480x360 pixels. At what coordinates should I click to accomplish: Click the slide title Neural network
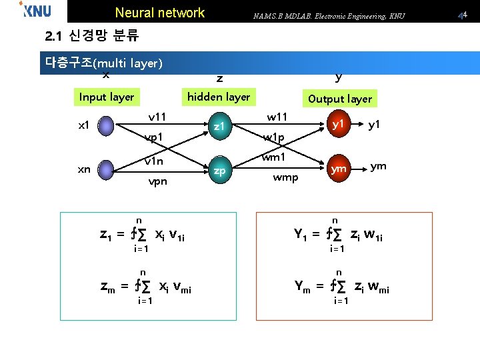coord(160,13)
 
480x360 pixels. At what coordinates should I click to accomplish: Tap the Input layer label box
coord(107,97)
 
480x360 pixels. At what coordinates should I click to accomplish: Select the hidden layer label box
coord(218,97)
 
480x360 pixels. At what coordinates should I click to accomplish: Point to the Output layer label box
coord(339,99)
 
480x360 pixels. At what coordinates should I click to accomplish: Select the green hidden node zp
coord(221,170)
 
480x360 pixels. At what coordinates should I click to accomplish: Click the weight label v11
coord(157,117)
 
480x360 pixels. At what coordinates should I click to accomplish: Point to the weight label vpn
coord(157,181)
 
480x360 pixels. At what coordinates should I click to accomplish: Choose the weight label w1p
coord(273,138)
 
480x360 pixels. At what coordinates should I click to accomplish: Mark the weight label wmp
coord(285,178)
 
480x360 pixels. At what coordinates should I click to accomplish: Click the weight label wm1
coord(273,158)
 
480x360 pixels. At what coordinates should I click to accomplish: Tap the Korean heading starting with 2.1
coord(92,34)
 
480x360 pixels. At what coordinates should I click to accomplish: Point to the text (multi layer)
coord(127,64)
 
